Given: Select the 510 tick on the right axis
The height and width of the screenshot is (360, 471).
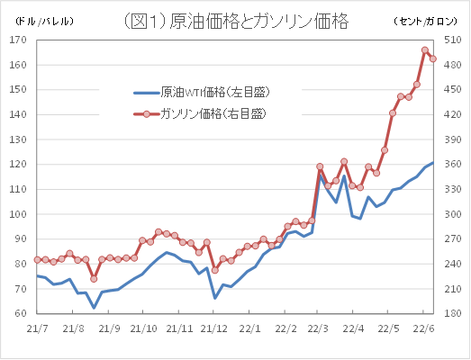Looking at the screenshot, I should coord(452,65).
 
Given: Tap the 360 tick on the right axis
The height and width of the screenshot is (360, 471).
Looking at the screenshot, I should coord(452,164).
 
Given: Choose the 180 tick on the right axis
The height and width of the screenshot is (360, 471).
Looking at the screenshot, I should coord(452,313).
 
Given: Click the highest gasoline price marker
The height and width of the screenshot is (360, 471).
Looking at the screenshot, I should coord(425,50).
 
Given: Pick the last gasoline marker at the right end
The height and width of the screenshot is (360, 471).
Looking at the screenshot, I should coord(433,58).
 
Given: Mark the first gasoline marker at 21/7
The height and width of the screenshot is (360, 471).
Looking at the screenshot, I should coord(38,259).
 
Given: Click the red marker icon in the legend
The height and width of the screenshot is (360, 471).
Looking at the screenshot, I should coord(146,113).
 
